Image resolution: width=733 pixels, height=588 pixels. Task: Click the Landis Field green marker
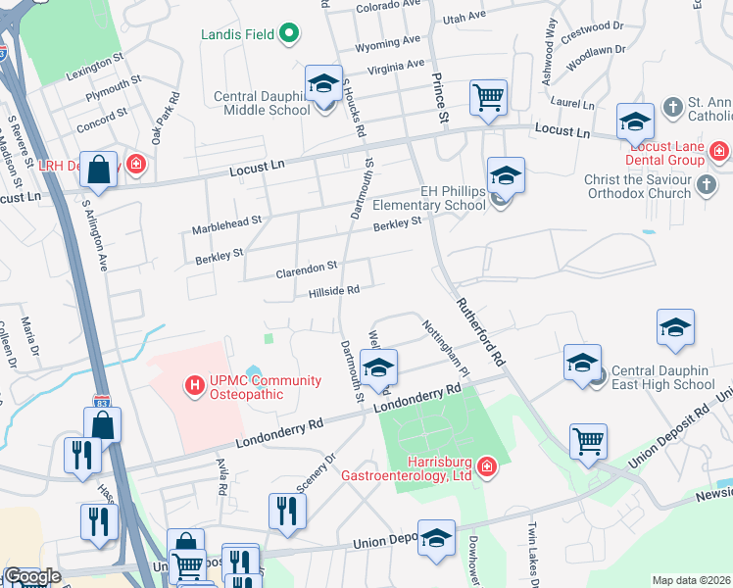(x=289, y=35)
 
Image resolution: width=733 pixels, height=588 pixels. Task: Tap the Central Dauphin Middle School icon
(x=323, y=83)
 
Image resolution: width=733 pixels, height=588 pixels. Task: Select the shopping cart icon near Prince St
(x=488, y=97)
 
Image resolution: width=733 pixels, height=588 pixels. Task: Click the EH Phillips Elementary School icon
(x=506, y=175)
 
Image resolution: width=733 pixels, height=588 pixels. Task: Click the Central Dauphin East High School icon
(x=583, y=363)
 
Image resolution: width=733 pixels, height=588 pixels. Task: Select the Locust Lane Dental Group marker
(x=719, y=151)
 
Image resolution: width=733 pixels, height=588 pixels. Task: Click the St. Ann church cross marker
(x=673, y=105)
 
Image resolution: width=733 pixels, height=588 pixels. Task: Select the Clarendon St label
(x=306, y=266)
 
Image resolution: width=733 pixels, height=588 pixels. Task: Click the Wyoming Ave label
(x=392, y=45)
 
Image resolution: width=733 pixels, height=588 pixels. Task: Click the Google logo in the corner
(x=31, y=576)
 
